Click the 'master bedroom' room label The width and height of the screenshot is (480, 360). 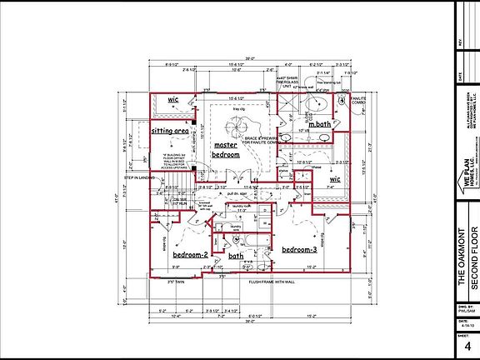[226, 150]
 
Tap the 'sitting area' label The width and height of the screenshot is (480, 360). [168, 132]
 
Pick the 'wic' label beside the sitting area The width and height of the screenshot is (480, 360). [173, 99]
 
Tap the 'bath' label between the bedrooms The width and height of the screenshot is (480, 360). [236, 256]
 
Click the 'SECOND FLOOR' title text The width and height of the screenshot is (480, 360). [472, 259]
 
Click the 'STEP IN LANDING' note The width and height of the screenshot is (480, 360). [141, 177]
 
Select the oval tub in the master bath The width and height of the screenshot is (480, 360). [316, 103]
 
